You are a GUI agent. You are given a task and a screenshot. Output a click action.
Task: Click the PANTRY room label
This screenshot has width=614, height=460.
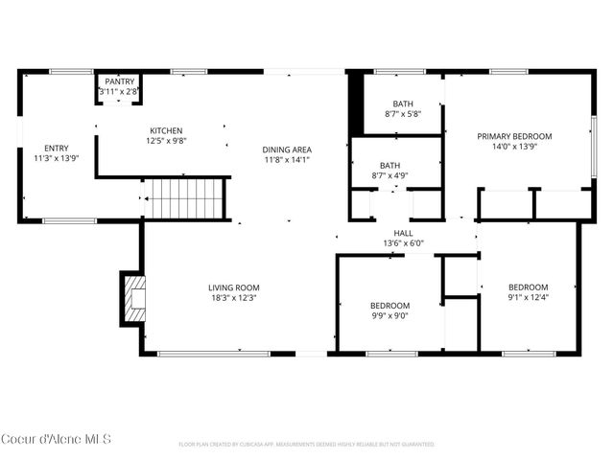point(120,82)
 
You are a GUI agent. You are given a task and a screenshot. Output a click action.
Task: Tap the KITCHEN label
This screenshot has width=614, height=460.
point(165,131)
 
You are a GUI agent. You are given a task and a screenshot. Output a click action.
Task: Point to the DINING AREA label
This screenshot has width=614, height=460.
point(287,149)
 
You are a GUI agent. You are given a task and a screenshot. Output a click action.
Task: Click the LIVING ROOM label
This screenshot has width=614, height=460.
point(234,287)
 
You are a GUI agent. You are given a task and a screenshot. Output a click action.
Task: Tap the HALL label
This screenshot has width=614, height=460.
point(403,233)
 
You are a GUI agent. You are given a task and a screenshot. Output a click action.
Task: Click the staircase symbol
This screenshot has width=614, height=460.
point(184,199)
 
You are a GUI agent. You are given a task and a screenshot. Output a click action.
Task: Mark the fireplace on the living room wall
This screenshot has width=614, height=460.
point(131,297)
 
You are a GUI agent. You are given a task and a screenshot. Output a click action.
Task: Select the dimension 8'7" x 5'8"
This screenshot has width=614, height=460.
point(402,115)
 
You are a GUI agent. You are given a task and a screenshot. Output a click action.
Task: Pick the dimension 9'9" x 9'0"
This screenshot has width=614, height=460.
point(389,315)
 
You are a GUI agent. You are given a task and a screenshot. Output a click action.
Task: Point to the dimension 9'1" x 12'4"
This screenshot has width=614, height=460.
point(528,297)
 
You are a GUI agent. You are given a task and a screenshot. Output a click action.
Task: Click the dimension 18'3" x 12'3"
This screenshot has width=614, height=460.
point(234,297)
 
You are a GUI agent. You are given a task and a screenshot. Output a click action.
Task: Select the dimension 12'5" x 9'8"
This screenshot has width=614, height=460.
point(165,141)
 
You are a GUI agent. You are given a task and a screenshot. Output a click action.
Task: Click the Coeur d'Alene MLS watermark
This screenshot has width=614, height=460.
point(56,440)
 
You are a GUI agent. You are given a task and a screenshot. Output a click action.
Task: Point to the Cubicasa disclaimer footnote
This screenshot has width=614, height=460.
point(306,445)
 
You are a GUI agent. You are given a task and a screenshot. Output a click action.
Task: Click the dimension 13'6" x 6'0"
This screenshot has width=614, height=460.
point(403,243)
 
